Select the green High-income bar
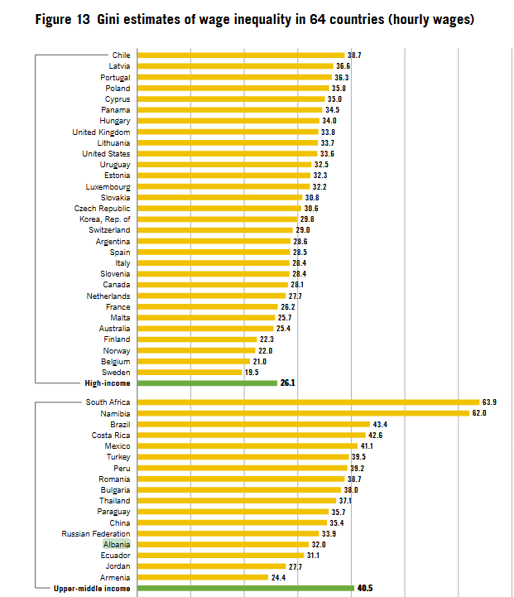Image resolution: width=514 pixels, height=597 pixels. click(x=207, y=383)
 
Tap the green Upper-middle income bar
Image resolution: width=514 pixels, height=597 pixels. click(x=245, y=588)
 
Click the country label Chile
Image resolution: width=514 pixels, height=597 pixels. click(x=121, y=55)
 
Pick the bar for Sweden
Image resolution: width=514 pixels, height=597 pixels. click(x=190, y=373)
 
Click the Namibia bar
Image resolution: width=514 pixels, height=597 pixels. click(x=303, y=413)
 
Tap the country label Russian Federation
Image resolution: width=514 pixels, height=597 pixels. click(x=96, y=533)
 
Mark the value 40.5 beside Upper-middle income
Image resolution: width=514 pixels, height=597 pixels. click(x=365, y=588)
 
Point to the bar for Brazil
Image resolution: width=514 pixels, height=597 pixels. click(x=253, y=424)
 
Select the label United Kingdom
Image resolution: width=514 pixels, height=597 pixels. click(x=101, y=132)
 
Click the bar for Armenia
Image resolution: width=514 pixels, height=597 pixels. click(x=203, y=577)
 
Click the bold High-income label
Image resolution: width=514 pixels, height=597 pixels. click(x=108, y=383)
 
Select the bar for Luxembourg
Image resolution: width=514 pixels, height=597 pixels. click(x=223, y=186)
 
